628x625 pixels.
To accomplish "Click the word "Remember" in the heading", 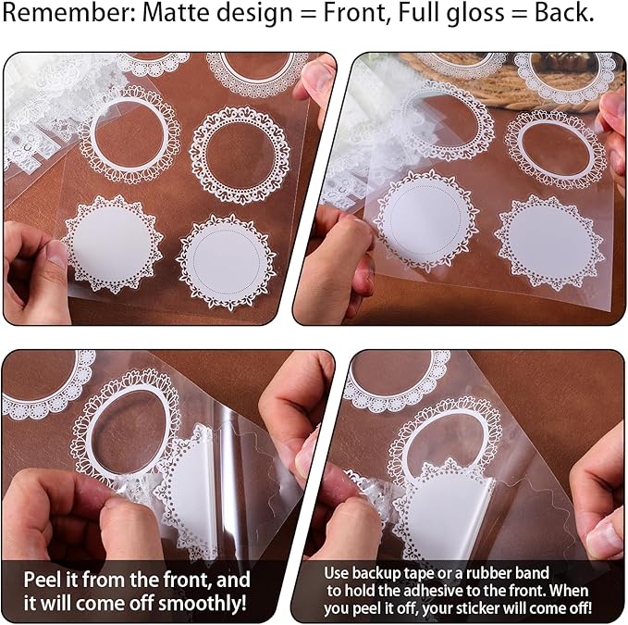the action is (x=69, y=13).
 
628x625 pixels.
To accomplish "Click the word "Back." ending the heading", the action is (x=564, y=13).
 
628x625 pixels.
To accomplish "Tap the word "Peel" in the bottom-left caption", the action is (x=42, y=580).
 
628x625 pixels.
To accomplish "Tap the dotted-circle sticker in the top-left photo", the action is (x=227, y=262).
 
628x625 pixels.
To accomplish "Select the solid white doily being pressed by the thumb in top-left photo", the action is (x=113, y=243).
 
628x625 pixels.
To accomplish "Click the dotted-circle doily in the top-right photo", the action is (x=425, y=220).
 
